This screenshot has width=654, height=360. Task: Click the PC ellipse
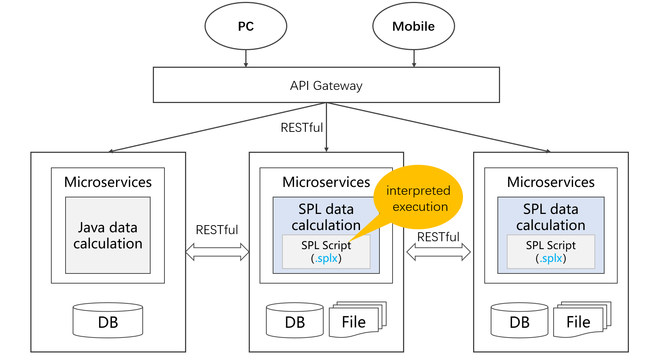pyautogui.click(x=246, y=26)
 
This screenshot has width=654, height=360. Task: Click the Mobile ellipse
pyautogui.click(x=414, y=26)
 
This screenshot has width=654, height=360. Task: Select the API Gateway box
pyautogui.click(x=326, y=85)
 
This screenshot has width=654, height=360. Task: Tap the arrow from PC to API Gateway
pyautogui.click(x=246, y=58)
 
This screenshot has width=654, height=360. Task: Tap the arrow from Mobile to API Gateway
pyautogui.click(x=414, y=58)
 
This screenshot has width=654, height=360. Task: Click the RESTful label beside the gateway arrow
pyautogui.click(x=302, y=128)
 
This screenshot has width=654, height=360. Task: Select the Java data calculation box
pyautogui.click(x=108, y=235)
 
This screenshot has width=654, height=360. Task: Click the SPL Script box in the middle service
pyautogui.click(x=326, y=252)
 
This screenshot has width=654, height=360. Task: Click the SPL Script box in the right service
pyautogui.click(x=551, y=252)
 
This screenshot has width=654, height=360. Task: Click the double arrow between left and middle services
pyautogui.click(x=217, y=252)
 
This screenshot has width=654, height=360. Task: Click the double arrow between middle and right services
pyautogui.click(x=438, y=252)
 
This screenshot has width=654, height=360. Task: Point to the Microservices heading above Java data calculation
pyautogui.click(x=108, y=182)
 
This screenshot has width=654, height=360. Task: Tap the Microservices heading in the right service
pyautogui.click(x=551, y=182)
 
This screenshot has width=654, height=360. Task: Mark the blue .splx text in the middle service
pyautogui.click(x=326, y=258)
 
